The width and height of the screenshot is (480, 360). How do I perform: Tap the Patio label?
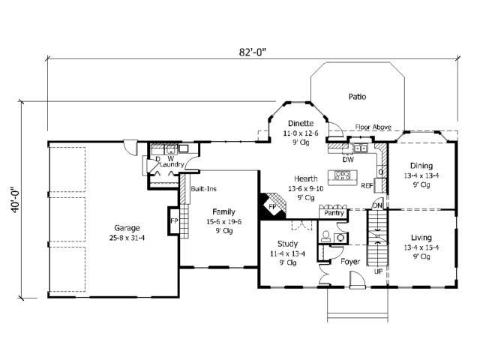pos(357,97)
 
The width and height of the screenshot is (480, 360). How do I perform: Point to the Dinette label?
pos(300,124)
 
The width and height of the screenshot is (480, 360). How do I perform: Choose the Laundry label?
pos(171,165)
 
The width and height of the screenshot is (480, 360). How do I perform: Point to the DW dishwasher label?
pos(347,159)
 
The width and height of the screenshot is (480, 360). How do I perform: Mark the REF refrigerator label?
pos(367,184)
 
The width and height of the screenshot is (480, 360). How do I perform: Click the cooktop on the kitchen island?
pos(343,175)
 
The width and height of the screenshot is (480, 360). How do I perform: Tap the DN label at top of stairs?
pos(377,205)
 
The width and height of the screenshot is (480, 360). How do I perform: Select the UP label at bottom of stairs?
pos(379,271)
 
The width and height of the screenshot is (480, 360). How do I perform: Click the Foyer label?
pos(349,262)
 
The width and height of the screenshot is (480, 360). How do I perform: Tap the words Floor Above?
pos(373,128)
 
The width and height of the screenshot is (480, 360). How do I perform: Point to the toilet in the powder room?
pos(325,237)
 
